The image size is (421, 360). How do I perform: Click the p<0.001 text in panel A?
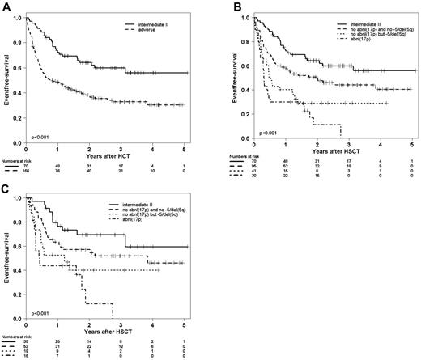(x=40, y=128)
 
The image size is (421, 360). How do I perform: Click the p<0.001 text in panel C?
(x=40, y=311)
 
